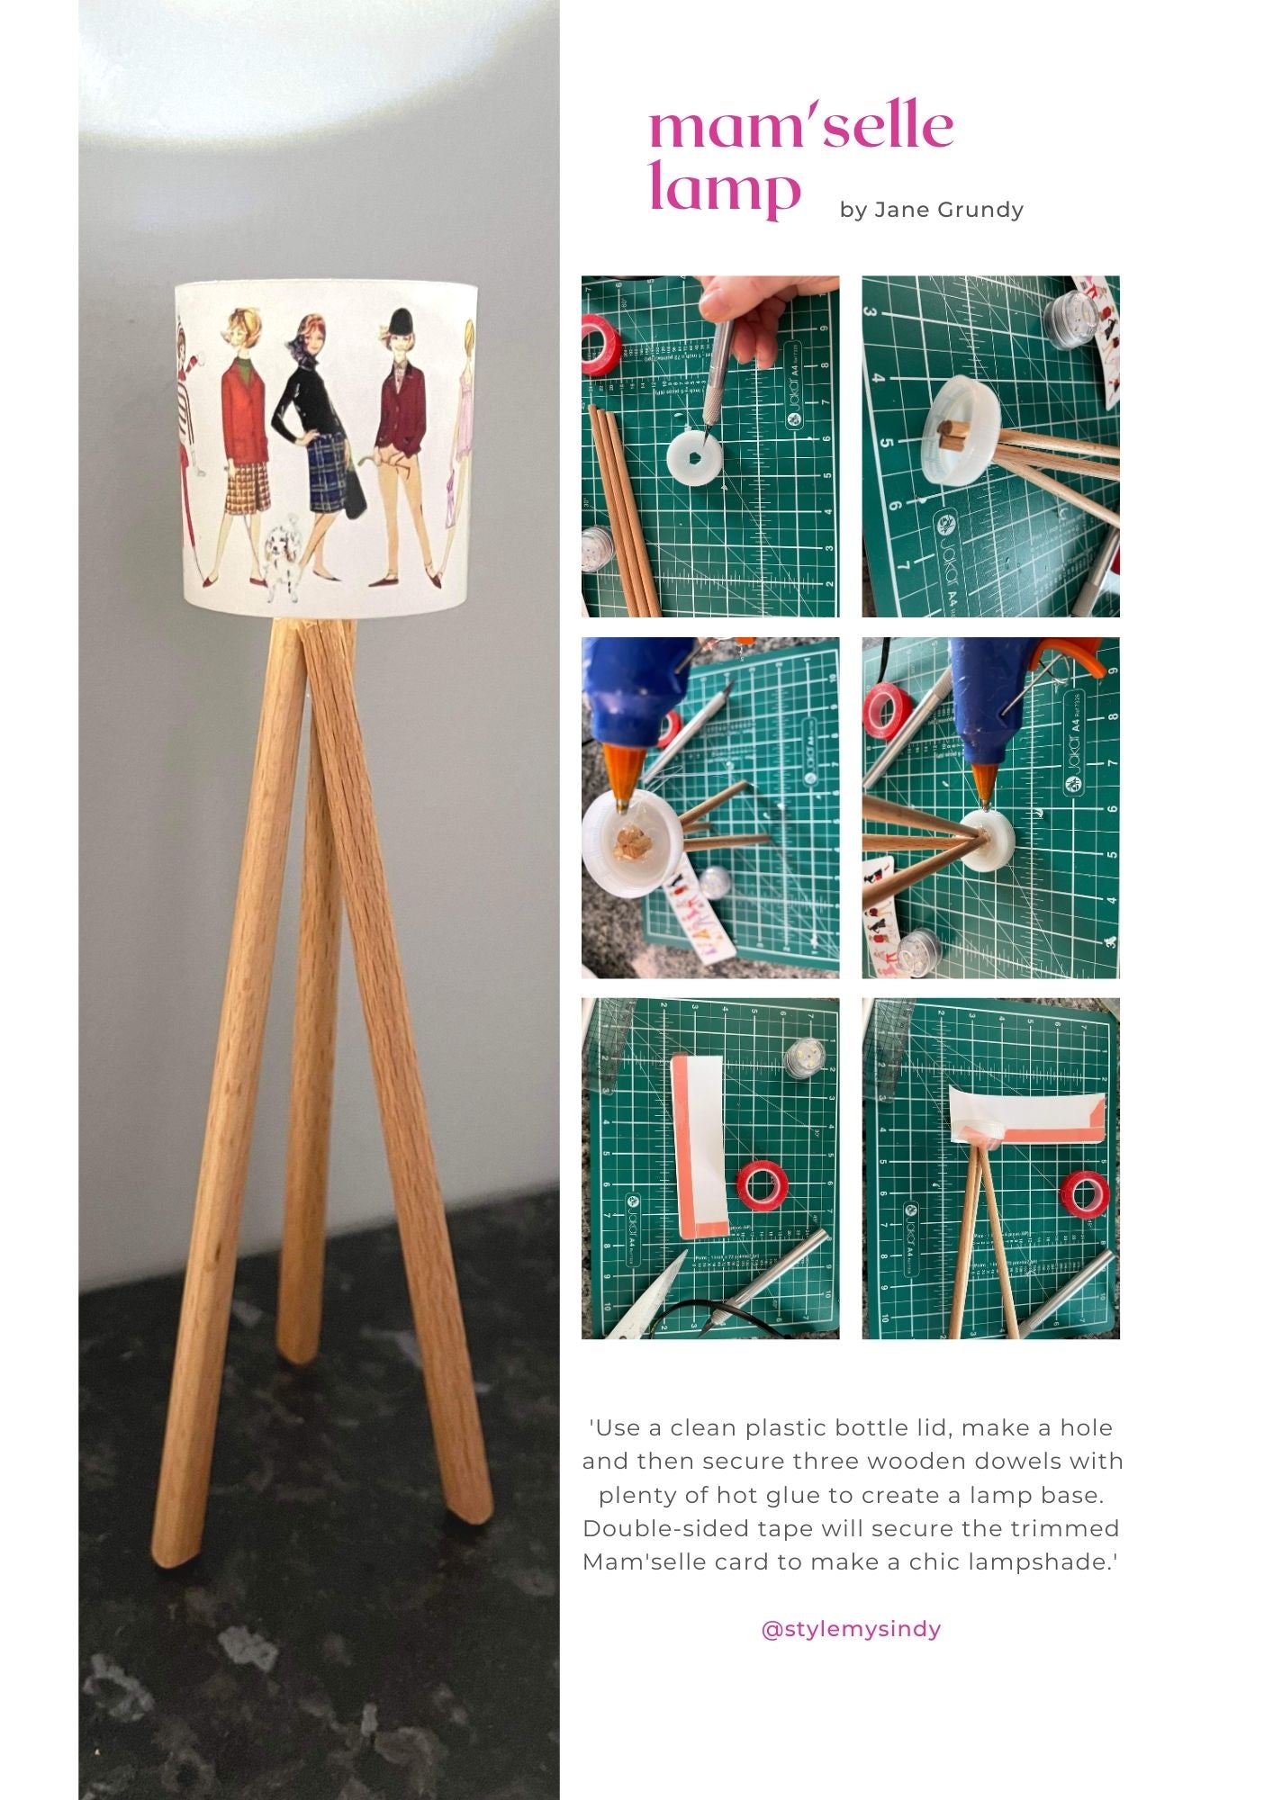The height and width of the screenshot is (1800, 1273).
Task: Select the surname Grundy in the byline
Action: click(x=980, y=211)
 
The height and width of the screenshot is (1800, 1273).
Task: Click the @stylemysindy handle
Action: click(x=851, y=1629)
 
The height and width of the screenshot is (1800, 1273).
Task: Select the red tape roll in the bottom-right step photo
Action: click(x=1088, y=1192)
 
